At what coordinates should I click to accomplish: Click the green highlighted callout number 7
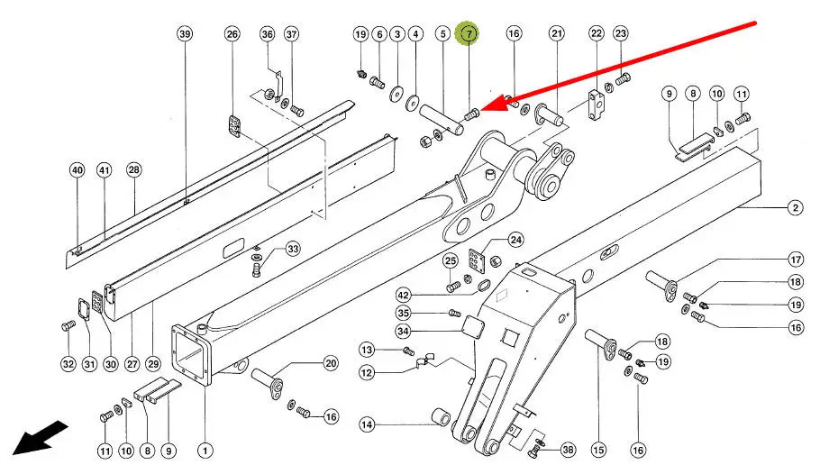coord(469,34)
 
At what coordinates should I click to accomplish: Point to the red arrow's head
coord(483,109)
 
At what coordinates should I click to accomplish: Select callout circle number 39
coord(185,34)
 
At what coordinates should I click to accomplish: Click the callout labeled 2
coord(795,208)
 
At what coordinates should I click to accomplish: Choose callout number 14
coord(367,424)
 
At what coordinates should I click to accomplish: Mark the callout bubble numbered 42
coord(403,295)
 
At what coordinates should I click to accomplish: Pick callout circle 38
coord(567,448)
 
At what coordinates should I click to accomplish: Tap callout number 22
coord(597,34)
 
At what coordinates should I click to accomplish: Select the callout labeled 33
coord(292,249)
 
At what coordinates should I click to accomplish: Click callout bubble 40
coord(77,170)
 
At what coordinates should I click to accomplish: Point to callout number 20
coord(331,364)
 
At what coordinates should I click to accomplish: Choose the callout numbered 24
coord(515,240)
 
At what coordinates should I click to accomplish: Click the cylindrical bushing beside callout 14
coord(442,419)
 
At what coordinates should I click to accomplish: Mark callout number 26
coord(232,34)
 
